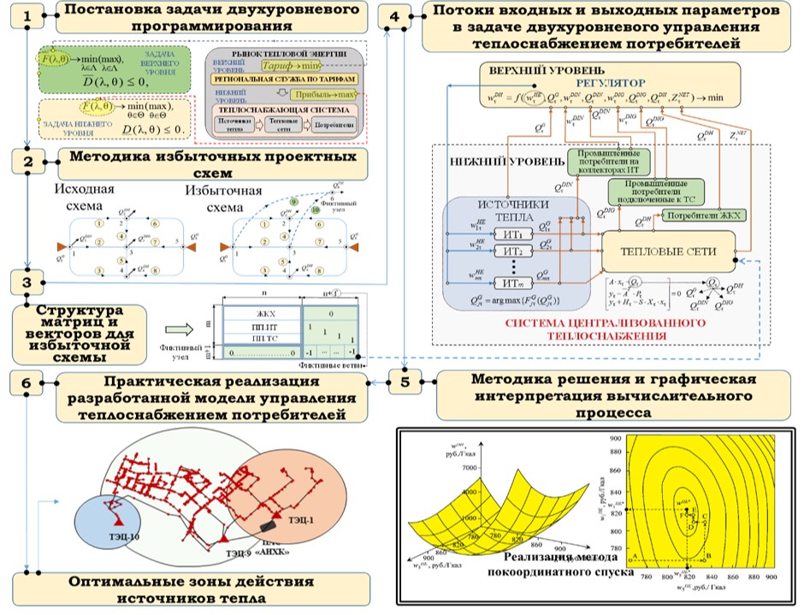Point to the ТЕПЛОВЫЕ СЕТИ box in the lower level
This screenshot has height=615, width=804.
(x=670, y=250)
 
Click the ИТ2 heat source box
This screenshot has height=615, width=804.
(x=512, y=251)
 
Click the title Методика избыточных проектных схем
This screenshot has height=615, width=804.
(x=212, y=164)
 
